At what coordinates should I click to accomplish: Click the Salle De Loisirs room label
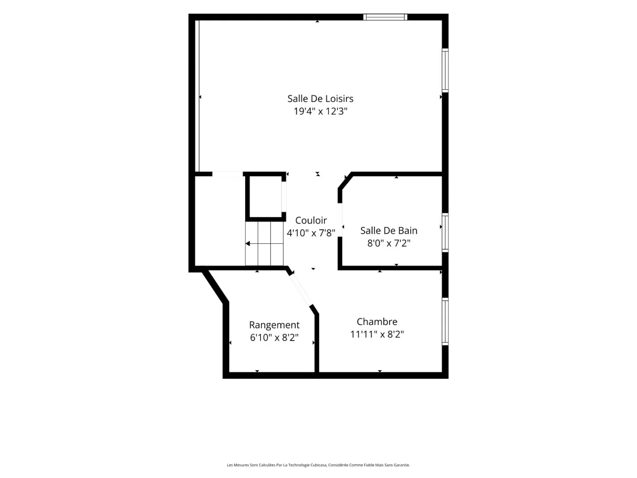pos(320,99)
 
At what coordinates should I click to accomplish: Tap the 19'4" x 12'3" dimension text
pos(321,111)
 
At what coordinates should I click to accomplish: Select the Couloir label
pos(311,220)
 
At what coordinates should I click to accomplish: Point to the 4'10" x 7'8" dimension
pos(311,233)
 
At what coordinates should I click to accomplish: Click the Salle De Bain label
pos(389,231)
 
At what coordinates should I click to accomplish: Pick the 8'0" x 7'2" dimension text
pos(389,243)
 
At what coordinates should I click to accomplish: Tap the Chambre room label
pos(377,321)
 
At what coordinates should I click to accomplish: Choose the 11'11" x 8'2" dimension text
pos(377,335)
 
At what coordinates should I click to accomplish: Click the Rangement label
pos(274,325)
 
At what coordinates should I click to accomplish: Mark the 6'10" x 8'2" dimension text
pos(274,338)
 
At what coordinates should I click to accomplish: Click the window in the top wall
pos(385,17)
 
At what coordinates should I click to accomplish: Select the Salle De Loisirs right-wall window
pos(445,71)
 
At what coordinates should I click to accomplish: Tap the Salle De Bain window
pos(445,233)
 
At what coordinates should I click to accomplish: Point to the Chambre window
pos(445,321)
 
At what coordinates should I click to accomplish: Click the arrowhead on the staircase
pos(247,243)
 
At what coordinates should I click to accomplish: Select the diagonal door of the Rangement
pos(301,290)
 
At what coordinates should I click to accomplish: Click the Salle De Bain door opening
pos(340,220)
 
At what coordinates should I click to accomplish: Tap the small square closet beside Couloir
pos(265,197)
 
